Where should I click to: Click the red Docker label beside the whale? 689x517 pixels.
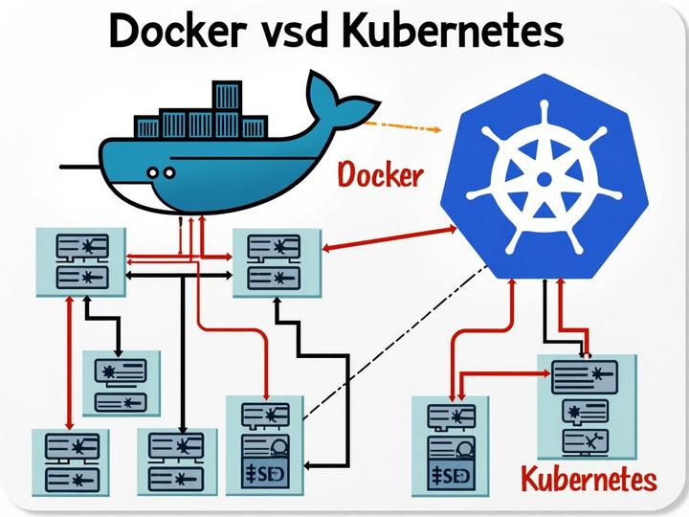[x=381, y=177]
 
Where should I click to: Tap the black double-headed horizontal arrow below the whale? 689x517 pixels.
[x=182, y=276]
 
